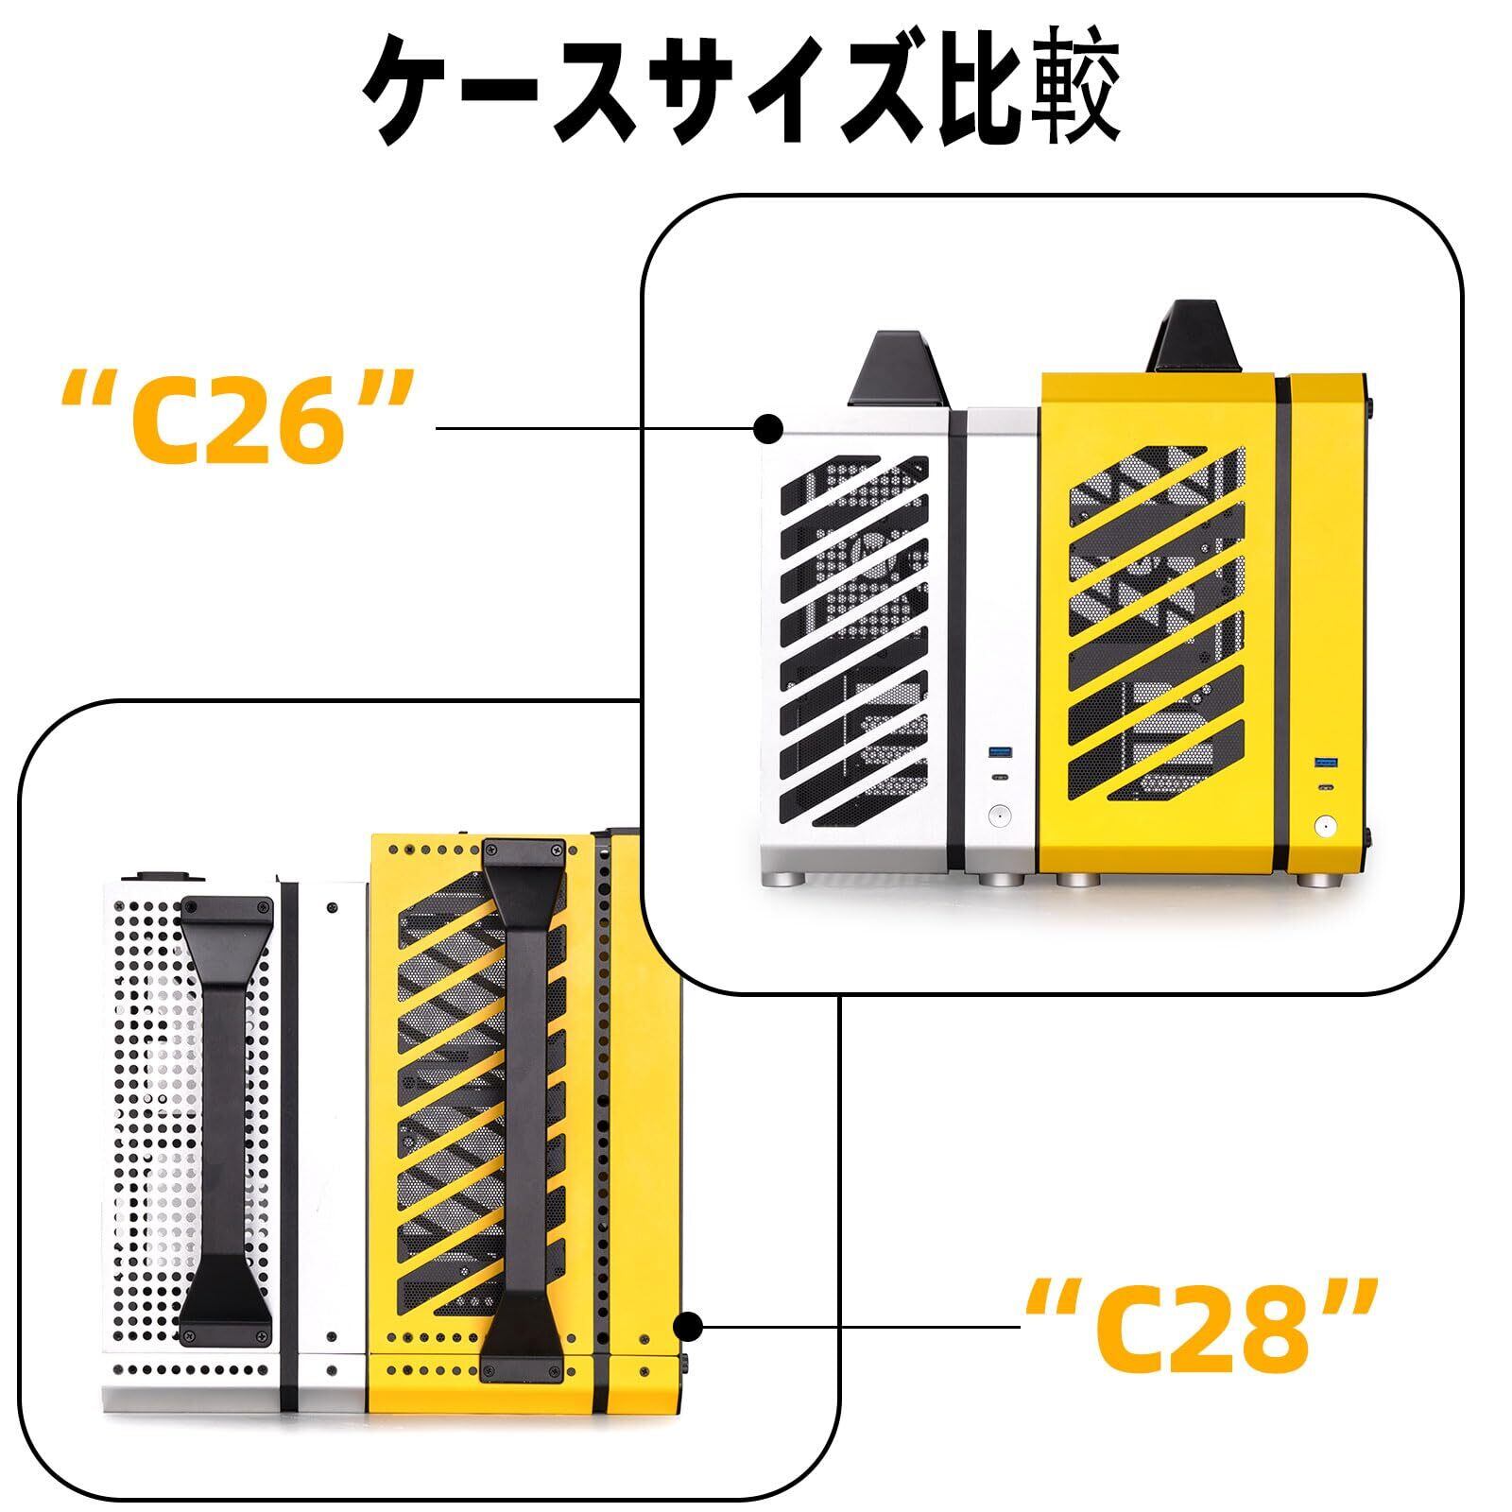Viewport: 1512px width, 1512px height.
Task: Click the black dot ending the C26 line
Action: pos(768,428)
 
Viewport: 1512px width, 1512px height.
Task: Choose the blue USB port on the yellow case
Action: pos(1322,761)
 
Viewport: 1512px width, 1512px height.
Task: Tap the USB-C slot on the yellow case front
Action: pos(1322,788)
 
